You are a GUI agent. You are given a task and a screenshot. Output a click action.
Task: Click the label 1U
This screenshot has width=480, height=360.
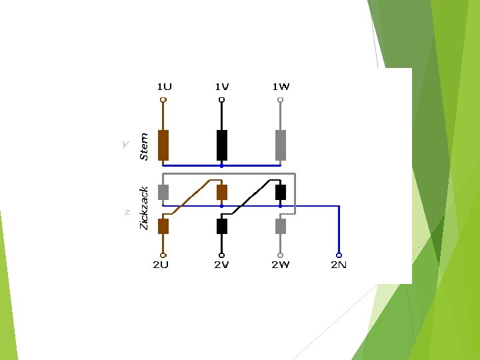[x=164, y=87]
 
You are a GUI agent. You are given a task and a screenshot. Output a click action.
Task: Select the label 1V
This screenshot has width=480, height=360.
[x=222, y=87]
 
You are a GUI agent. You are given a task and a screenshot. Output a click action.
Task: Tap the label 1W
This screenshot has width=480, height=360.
[x=281, y=87]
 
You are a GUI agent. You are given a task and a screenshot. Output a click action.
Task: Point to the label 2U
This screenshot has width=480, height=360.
[x=161, y=265]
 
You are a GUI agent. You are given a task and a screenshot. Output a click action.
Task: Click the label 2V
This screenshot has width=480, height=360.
[x=221, y=265]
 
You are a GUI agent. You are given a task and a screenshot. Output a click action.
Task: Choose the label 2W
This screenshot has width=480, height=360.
[x=280, y=265]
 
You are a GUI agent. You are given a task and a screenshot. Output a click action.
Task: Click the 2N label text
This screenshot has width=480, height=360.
[x=339, y=265]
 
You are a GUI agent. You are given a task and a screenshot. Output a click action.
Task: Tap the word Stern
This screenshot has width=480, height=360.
[x=143, y=146]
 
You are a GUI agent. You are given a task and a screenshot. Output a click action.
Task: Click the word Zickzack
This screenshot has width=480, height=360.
[x=143, y=208]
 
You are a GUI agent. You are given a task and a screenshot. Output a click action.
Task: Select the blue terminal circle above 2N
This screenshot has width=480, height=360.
[x=339, y=255]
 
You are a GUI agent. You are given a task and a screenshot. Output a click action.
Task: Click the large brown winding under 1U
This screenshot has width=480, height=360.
[x=163, y=145]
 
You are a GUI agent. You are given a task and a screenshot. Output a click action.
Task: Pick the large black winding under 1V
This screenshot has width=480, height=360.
[x=222, y=145]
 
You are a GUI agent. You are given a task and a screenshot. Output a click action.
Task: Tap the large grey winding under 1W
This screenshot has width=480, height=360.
[x=281, y=145]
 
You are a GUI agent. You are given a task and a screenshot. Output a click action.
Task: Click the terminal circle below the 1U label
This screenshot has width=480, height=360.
[x=163, y=101]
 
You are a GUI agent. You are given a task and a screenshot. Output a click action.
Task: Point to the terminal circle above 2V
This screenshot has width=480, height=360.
[x=222, y=255]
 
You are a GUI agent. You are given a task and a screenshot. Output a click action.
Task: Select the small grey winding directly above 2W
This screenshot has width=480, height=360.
[x=281, y=226]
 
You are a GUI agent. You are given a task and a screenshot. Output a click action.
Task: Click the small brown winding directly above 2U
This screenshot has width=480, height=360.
[x=163, y=226]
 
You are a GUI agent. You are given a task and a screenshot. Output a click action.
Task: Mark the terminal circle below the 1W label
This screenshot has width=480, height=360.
[x=281, y=101]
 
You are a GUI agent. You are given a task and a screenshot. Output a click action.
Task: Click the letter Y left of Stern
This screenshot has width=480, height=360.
[x=125, y=144]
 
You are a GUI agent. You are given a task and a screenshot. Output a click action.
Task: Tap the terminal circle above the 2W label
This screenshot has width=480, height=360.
[x=281, y=255]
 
